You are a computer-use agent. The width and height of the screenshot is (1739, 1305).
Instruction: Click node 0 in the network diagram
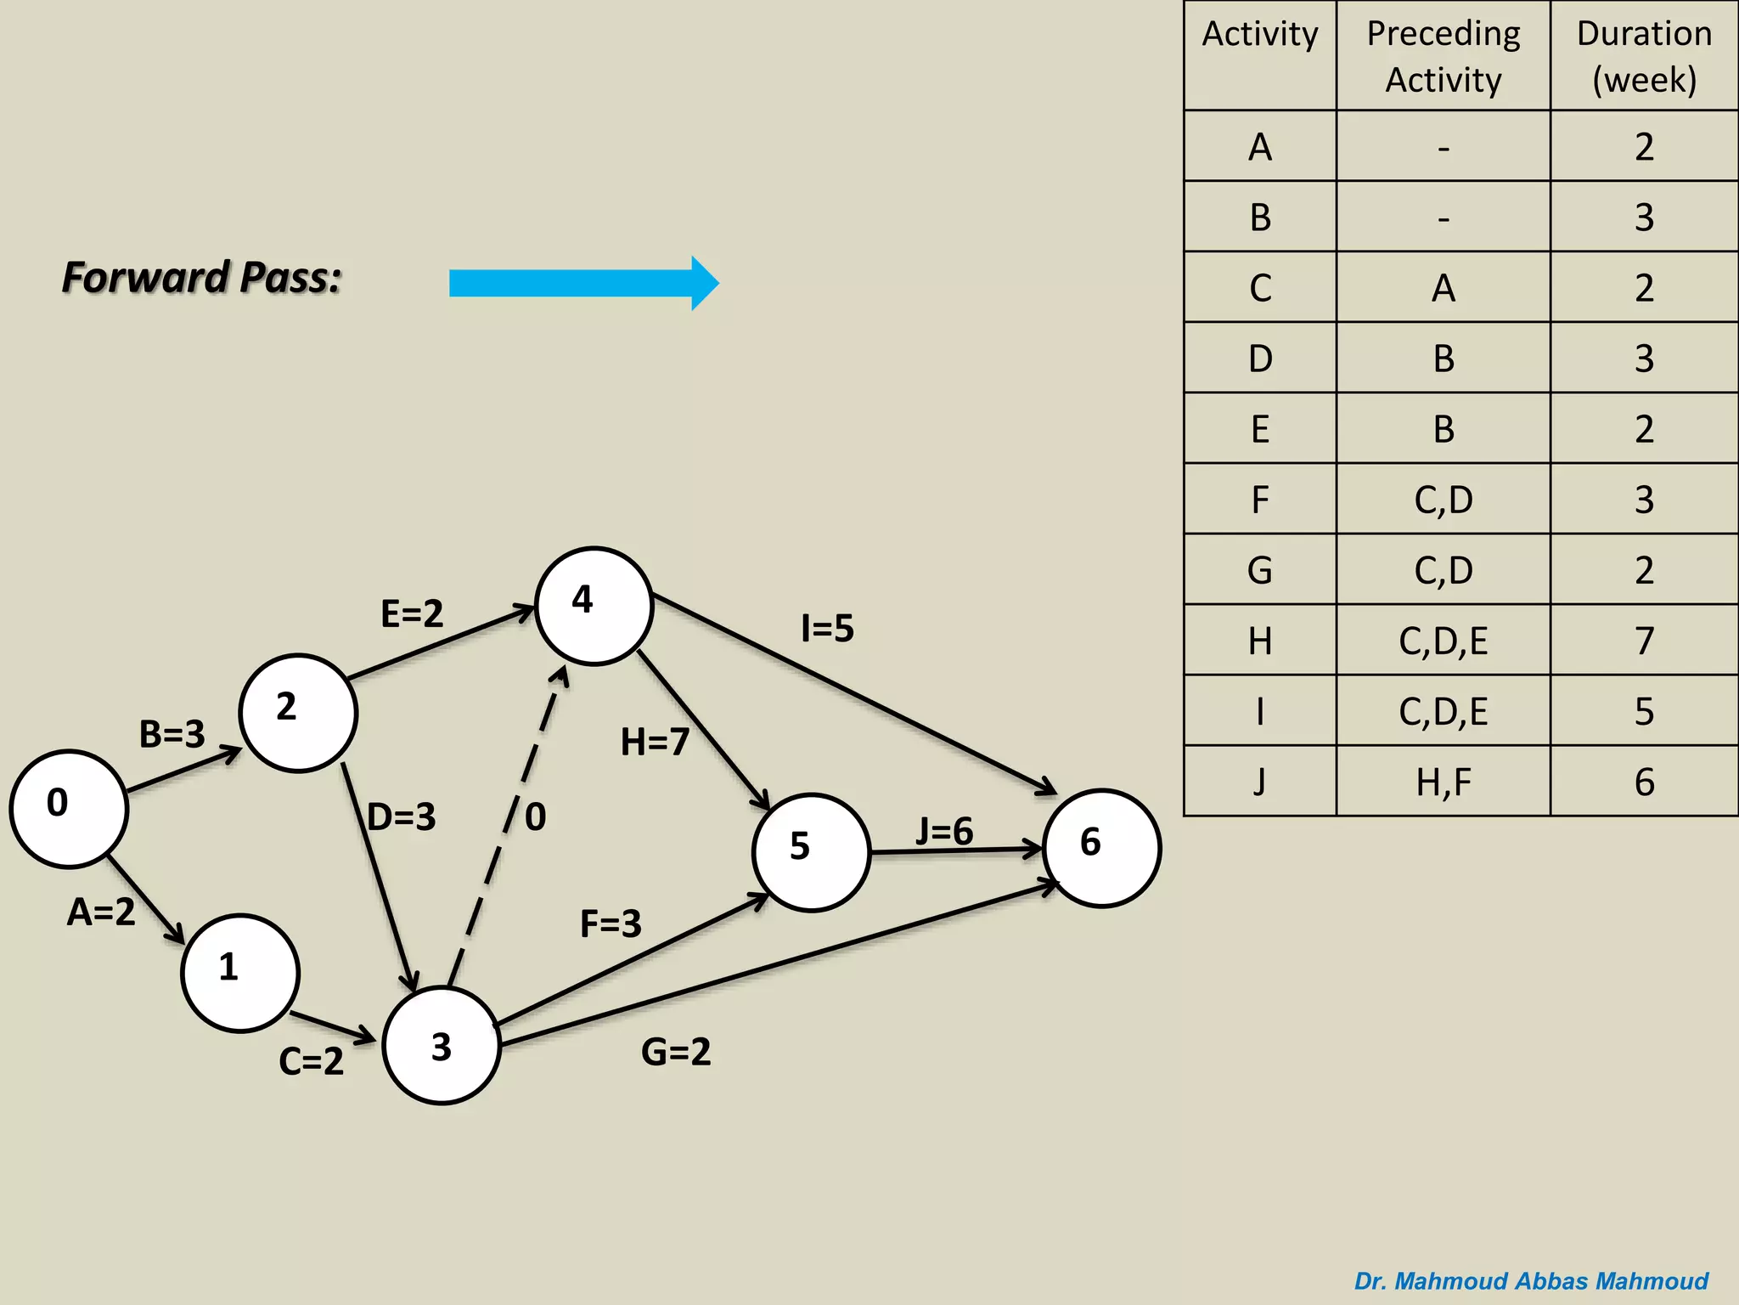coord(69,808)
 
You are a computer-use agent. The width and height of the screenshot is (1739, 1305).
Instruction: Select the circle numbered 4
coord(594,606)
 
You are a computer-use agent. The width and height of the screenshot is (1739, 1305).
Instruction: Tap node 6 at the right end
coord(1101,848)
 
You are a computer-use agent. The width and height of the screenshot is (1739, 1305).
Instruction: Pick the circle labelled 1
coord(240,973)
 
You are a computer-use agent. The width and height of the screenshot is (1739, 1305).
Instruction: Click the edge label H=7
coord(654,742)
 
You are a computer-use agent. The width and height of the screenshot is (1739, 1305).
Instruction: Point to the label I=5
coord(827,629)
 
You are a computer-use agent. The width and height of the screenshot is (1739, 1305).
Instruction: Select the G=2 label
coord(676,1052)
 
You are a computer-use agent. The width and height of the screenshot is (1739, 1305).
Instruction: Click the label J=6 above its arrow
coord(944,831)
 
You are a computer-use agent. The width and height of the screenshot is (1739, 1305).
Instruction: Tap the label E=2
coord(412,613)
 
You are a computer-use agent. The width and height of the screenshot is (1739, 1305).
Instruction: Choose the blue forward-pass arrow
coord(583,283)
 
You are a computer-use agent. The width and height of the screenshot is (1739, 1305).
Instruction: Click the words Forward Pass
coord(202,278)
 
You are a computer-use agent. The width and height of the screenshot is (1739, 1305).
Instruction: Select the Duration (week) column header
coord(1644,56)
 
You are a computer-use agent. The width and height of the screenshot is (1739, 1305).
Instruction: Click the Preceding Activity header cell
coord(1443,56)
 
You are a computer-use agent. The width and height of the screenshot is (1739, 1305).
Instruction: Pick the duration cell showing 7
coord(1644,641)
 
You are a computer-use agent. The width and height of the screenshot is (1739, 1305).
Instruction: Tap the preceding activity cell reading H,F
coord(1443,782)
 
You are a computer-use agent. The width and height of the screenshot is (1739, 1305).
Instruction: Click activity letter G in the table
coord(1259,570)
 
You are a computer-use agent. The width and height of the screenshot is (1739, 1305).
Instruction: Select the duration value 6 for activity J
coord(1644,782)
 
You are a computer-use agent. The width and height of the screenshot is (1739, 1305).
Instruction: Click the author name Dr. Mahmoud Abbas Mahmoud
coord(1531,1281)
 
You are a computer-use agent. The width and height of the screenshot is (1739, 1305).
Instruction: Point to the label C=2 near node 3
coord(311,1061)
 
